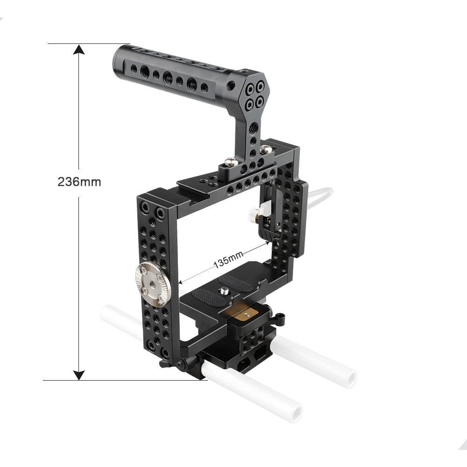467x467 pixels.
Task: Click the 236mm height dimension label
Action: click(x=79, y=182)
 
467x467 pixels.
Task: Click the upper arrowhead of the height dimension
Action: click(x=79, y=51)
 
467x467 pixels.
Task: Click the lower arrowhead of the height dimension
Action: click(x=79, y=374)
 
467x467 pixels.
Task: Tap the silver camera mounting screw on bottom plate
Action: click(x=225, y=292)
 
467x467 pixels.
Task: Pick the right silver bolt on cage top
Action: click(x=266, y=149)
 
